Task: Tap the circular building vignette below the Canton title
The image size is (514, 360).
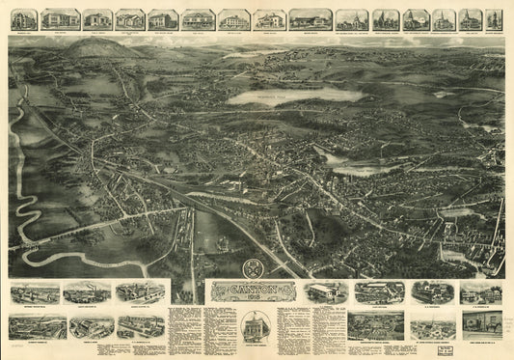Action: pyautogui.click(x=255, y=325)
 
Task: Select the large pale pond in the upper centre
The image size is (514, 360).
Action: pyautogui.click(x=280, y=96)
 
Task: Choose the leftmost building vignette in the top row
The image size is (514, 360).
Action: pyautogui.click(x=24, y=19)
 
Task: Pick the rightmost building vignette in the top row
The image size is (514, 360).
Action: pyautogui.click(x=494, y=19)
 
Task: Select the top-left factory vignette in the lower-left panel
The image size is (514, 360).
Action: pyautogui.click(x=37, y=291)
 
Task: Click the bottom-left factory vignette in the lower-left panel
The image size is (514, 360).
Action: pyautogui.click(x=37, y=326)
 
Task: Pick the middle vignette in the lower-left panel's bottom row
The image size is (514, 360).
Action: pyautogui.click(x=91, y=326)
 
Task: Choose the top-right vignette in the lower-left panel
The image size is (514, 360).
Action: pyautogui.click(x=141, y=291)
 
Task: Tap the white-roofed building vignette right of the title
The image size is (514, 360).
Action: pyautogui.click(x=326, y=291)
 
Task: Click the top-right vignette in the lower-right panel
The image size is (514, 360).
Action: pyautogui.click(x=481, y=291)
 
